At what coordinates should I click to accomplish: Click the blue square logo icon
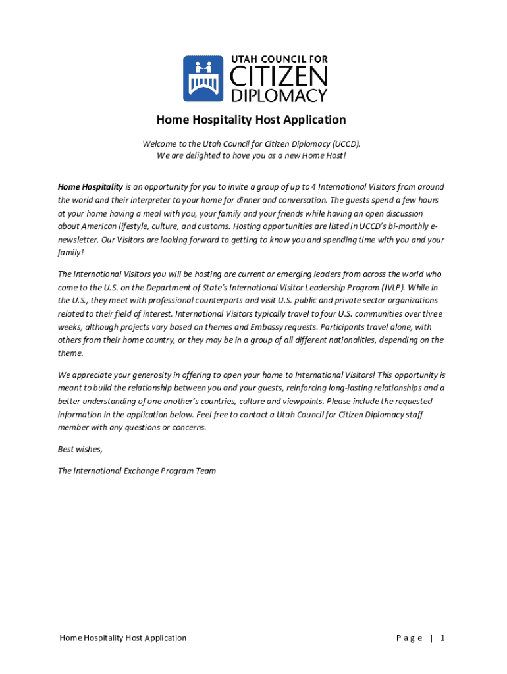pyautogui.click(x=203, y=78)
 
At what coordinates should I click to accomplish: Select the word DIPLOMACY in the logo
pyautogui.click(x=278, y=96)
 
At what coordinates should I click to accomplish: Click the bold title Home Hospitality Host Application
pyautogui.click(x=251, y=120)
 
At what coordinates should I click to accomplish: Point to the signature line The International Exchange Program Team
pyautogui.click(x=136, y=471)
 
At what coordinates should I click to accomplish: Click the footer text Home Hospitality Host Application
pyautogui.click(x=123, y=638)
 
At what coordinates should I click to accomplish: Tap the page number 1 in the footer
pyautogui.click(x=444, y=638)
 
